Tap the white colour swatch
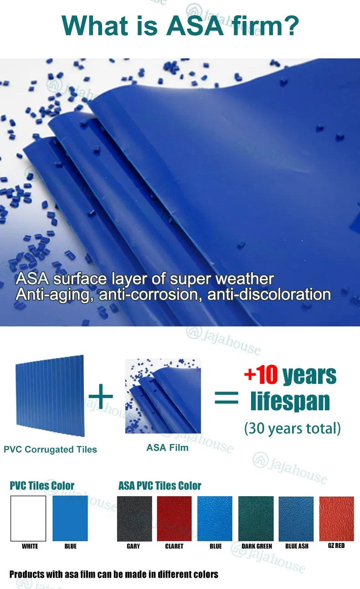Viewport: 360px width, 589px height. pos(28,518)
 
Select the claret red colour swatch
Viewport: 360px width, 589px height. pos(174,518)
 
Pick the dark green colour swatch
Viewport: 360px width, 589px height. pos(256,518)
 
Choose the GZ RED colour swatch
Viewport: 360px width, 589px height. pos(337,518)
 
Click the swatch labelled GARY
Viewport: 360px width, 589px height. pos(134,518)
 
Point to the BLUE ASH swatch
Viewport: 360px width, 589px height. pos(296,518)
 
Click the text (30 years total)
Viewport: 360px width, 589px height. pos(292,429)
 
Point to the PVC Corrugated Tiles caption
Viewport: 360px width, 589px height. pos(50,449)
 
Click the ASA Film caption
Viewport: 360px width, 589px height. pos(167,448)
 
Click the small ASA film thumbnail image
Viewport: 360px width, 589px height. pos(163,396)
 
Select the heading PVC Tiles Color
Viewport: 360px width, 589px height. pos(42,486)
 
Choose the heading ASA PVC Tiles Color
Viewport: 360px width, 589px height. pos(159,486)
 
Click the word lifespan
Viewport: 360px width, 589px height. pos(290,401)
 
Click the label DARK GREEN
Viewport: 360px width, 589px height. pos(257,546)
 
